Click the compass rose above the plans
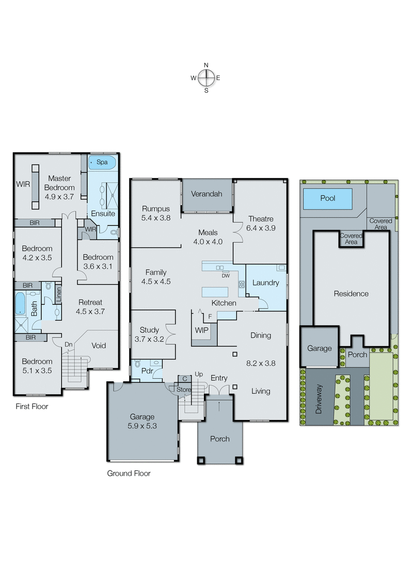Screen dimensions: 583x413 [206, 78]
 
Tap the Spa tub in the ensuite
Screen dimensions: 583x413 [102, 163]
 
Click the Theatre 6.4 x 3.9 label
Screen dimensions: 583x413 [260, 223]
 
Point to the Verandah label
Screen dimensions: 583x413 [206, 194]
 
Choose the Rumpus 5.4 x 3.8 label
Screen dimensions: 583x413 [155, 213]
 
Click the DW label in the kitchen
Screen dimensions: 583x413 [226, 276]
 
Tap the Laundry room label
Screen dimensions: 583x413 [265, 283]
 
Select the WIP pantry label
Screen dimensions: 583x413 [201, 330]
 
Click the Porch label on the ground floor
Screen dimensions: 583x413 [219, 439]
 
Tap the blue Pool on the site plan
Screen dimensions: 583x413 [327, 198]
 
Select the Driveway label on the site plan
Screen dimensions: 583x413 [319, 399]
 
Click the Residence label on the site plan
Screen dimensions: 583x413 [351, 294]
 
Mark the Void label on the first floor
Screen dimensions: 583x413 [99, 345]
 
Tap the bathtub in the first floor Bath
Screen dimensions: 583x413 [20, 304]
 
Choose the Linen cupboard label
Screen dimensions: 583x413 [58, 295]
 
